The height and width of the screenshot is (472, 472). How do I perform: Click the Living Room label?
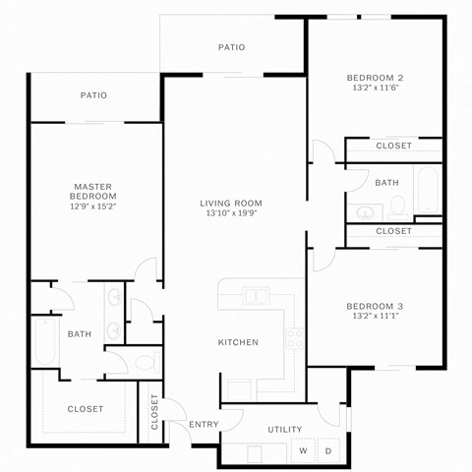234,203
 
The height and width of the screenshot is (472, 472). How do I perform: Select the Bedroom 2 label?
375,78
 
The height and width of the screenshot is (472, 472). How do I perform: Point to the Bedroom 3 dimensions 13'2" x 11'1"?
375,317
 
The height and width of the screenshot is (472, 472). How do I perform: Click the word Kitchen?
238,342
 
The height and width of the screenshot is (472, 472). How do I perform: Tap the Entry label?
204,424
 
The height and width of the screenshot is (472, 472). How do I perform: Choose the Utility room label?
285,430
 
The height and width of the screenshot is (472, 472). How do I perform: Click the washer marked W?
303,451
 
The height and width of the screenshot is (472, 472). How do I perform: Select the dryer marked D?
327,451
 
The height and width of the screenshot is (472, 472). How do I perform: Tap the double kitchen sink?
257,295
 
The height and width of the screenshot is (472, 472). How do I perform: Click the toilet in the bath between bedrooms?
397,206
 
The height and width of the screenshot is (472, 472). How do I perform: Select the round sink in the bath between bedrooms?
363,211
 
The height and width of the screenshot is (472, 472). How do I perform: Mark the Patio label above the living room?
231,47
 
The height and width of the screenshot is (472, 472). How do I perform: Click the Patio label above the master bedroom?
93,95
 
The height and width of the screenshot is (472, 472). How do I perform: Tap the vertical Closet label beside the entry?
154,413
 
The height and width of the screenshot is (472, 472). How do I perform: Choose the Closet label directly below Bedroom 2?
393,146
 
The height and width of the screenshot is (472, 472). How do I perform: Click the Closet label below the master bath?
85,409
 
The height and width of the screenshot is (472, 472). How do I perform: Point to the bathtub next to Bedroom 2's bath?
427,192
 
